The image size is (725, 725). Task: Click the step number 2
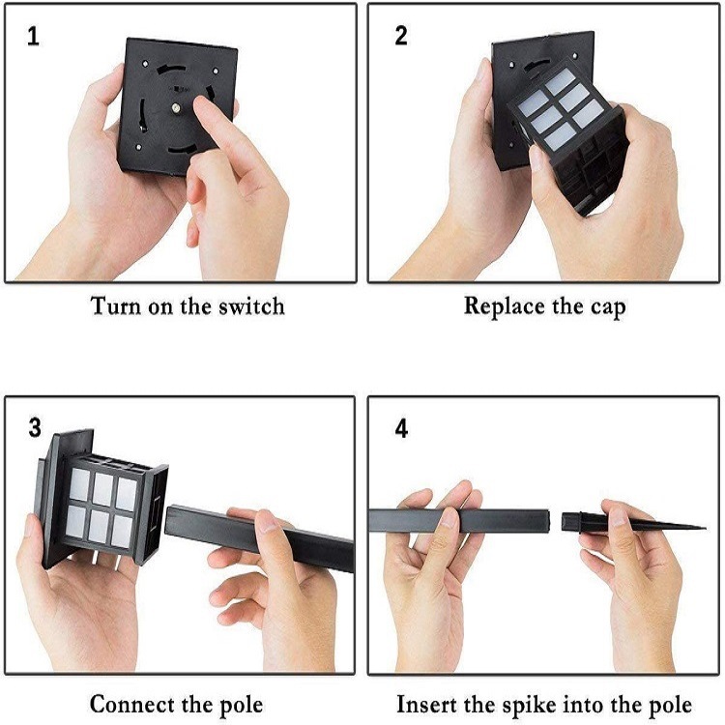click(x=402, y=37)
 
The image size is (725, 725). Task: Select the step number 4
click(x=402, y=428)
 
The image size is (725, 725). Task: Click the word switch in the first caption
click(x=252, y=306)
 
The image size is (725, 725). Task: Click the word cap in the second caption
click(x=606, y=308)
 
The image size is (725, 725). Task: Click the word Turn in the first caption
click(x=113, y=306)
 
